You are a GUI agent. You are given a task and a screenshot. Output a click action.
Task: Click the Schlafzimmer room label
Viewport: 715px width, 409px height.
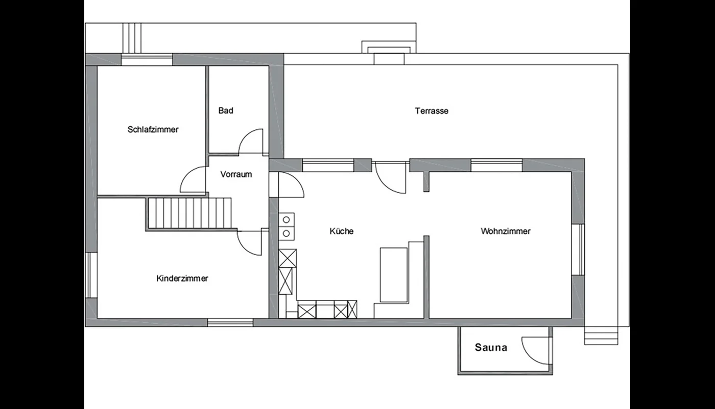tap(153, 129)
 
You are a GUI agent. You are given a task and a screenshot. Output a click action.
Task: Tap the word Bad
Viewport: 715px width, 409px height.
tap(226, 110)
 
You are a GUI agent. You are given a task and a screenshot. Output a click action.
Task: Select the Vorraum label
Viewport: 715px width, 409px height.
tap(236, 174)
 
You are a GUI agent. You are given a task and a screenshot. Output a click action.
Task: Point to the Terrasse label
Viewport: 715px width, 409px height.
tap(432, 111)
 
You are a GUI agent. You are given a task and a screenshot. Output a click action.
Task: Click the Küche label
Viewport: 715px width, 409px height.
tap(342, 231)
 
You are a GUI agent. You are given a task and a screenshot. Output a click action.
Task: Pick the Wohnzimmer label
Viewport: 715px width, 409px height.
tap(506, 231)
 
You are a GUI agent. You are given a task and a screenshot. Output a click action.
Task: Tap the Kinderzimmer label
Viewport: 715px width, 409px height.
tap(182, 278)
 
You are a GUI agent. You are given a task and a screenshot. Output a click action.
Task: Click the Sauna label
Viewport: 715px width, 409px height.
tap(491, 347)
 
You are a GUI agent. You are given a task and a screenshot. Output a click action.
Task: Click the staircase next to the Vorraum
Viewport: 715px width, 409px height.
tap(189, 213)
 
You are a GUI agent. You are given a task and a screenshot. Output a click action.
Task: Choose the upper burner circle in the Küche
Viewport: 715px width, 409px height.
tap(287, 219)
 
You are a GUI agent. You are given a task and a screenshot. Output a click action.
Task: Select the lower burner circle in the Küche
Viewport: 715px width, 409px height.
tap(287, 234)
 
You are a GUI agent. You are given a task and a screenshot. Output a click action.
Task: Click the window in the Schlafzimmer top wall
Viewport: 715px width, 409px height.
tap(147, 60)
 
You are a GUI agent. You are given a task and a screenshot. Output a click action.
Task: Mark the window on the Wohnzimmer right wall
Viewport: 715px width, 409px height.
tap(578, 249)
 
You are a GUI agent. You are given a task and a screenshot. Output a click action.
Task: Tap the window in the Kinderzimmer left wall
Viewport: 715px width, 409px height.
tap(91, 275)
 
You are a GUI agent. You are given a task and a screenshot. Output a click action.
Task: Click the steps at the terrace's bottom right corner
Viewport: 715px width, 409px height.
tap(601, 335)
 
